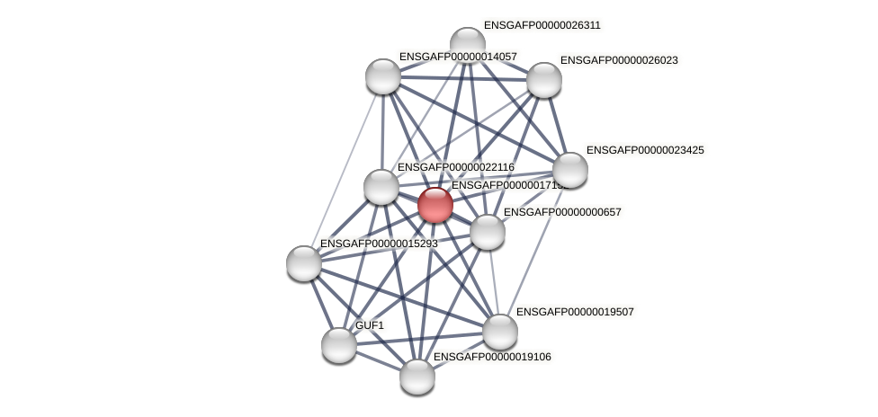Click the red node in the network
435,205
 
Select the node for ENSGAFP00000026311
467,44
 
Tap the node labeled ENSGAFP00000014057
383,76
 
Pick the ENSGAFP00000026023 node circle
544,80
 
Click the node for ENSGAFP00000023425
569,170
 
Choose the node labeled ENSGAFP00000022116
381,187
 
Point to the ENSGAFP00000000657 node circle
488,232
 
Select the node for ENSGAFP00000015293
304,263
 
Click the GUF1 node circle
339,345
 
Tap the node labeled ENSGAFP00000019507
500,332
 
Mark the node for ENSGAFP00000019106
417,377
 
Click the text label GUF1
369,325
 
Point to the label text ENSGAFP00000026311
542,25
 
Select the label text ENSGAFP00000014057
458,57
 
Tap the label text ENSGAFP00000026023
619,60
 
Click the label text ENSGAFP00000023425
645,150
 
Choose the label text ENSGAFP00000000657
562,212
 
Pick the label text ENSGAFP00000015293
379,244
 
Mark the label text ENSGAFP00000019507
575,312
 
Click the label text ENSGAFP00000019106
492,357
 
